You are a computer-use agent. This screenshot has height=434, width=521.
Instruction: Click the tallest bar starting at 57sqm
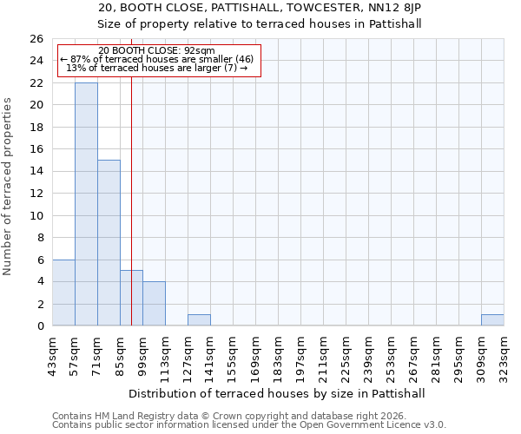pyautogui.click(x=86, y=204)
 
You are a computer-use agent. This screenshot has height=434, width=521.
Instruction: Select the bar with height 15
pyautogui.click(x=109, y=243)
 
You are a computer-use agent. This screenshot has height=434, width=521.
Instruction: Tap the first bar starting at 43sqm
pyautogui.click(x=63, y=293)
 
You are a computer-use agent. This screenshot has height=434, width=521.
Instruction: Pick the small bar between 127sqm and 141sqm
pyautogui.click(x=199, y=320)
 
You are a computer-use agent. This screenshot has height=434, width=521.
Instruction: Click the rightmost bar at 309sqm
pyautogui.click(x=492, y=320)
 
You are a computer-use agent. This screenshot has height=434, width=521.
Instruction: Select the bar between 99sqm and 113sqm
pyautogui.click(x=154, y=304)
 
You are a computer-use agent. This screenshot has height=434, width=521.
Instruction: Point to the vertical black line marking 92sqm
pyautogui.click(x=131, y=217)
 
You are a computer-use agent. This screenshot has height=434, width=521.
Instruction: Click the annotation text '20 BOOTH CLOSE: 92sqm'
pyautogui.click(x=157, y=51)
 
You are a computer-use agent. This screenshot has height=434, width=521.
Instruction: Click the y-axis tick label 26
pyautogui.click(x=36, y=39)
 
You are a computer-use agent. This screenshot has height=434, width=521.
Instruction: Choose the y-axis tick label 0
pyautogui.click(x=39, y=326)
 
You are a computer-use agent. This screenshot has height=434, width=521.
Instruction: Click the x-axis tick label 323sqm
pyautogui.click(x=504, y=356)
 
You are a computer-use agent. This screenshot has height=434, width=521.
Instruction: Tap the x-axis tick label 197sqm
pyautogui.click(x=300, y=356)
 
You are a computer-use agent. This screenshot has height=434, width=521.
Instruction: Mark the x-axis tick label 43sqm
pyautogui.click(x=52, y=356)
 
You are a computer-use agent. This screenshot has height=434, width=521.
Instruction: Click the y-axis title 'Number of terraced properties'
pyautogui.click(x=8, y=187)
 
